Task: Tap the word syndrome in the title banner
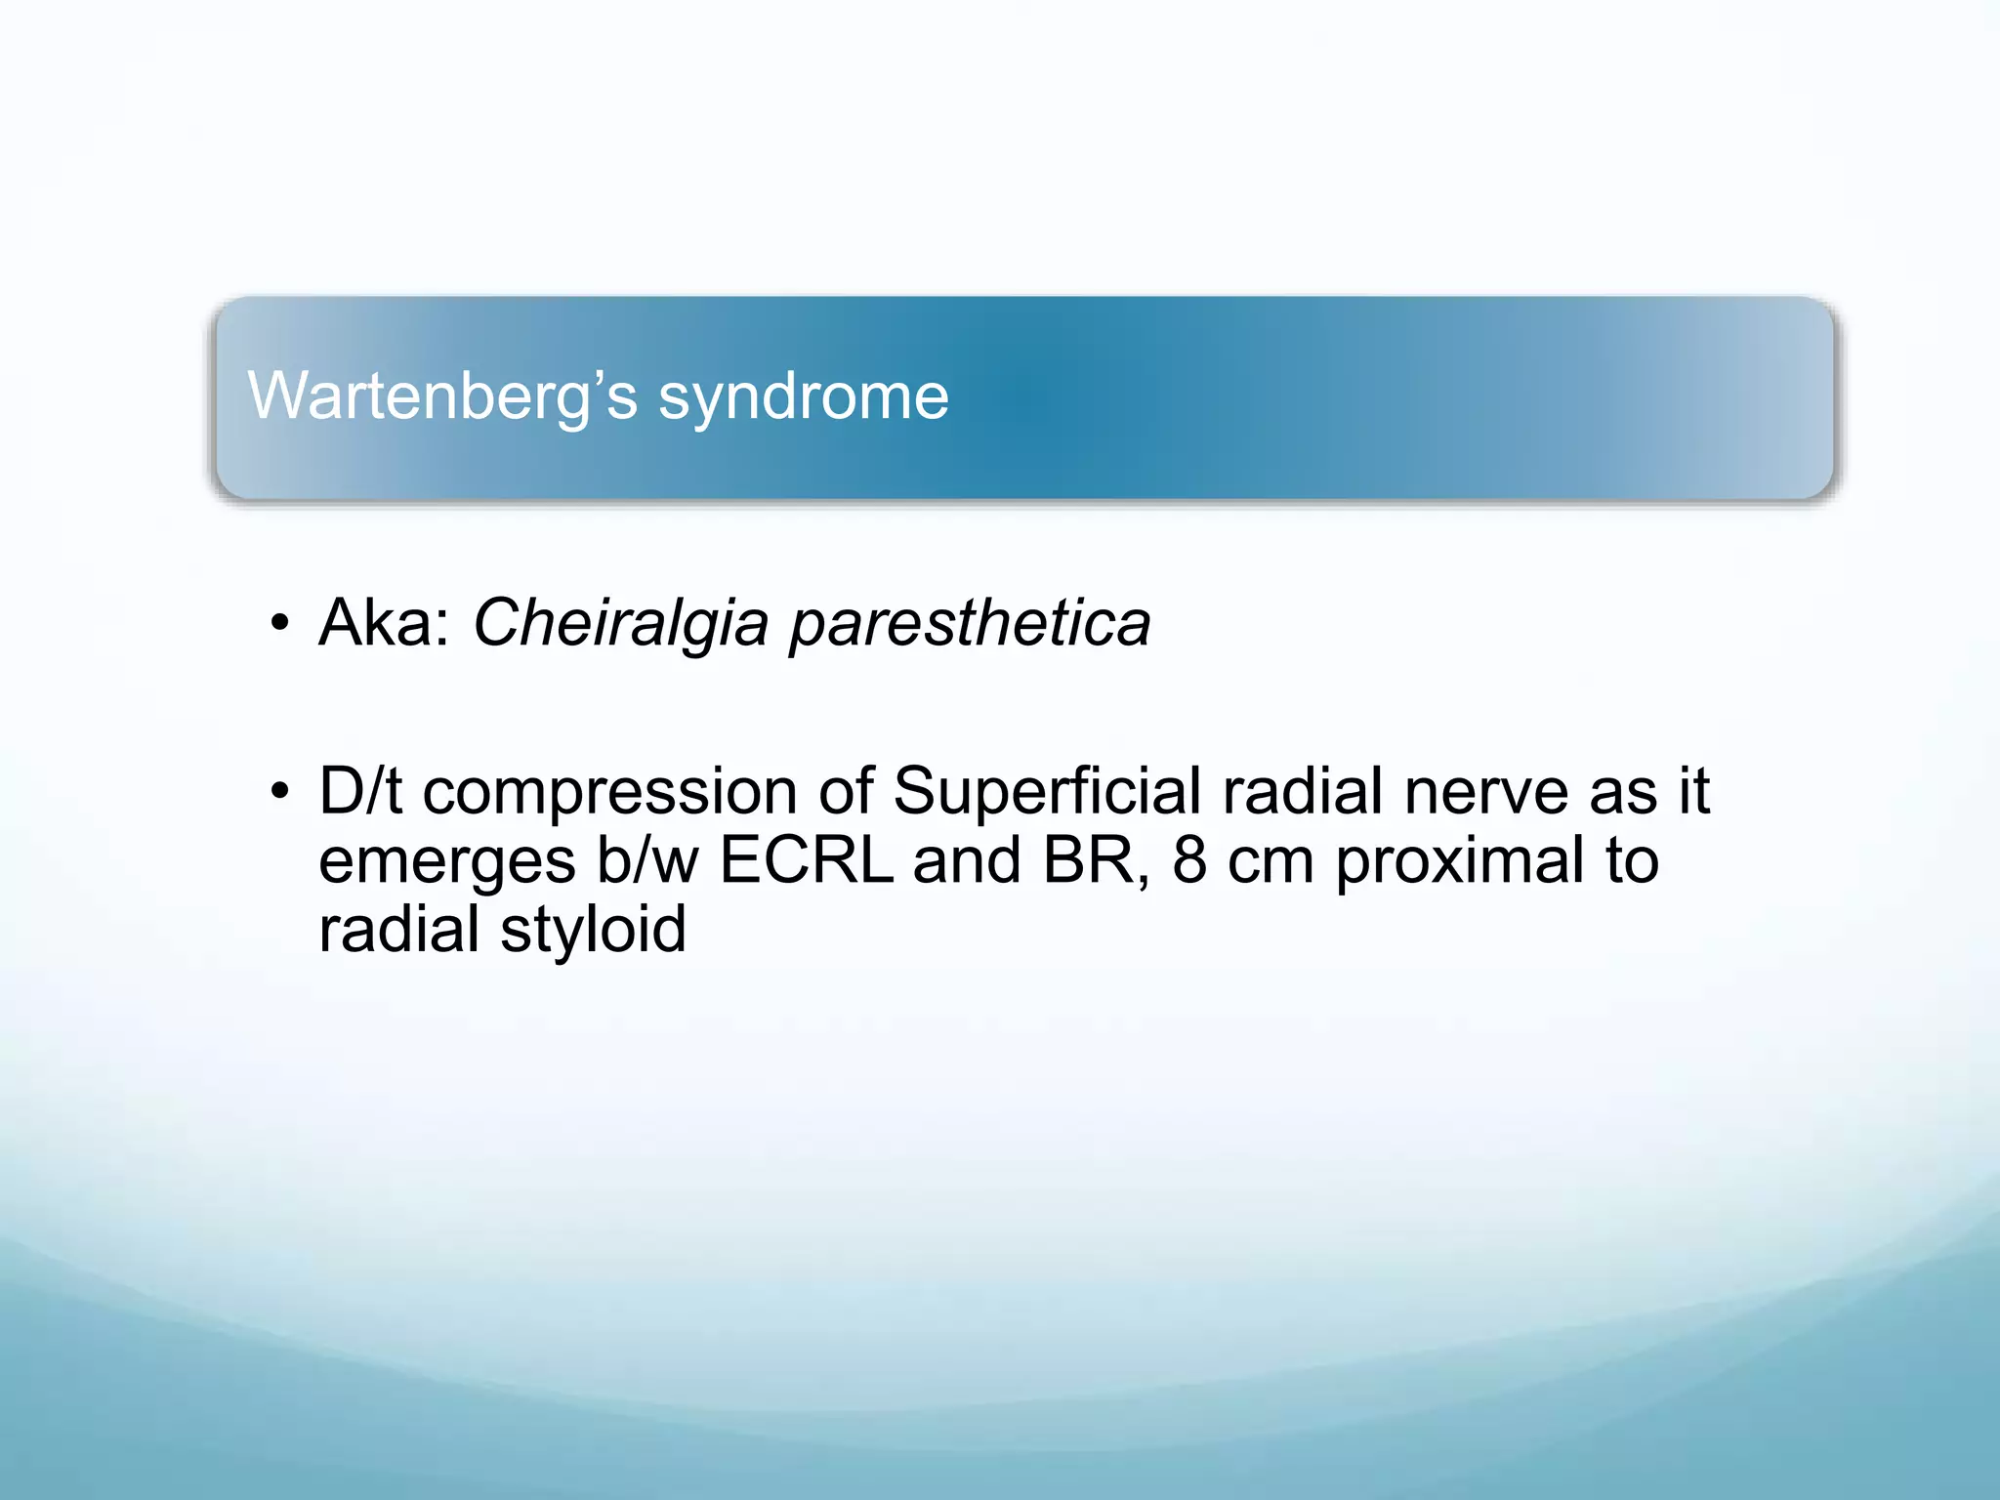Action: click(x=803, y=396)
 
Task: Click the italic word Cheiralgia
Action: click(x=620, y=624)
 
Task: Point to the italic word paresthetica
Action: click(x=970, y=624)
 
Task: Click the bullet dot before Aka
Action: click(x=280, y=623)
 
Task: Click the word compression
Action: click(x=609, y=791)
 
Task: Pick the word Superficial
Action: click(x=1046, y=791)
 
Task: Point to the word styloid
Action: click(x=593, y=930)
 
